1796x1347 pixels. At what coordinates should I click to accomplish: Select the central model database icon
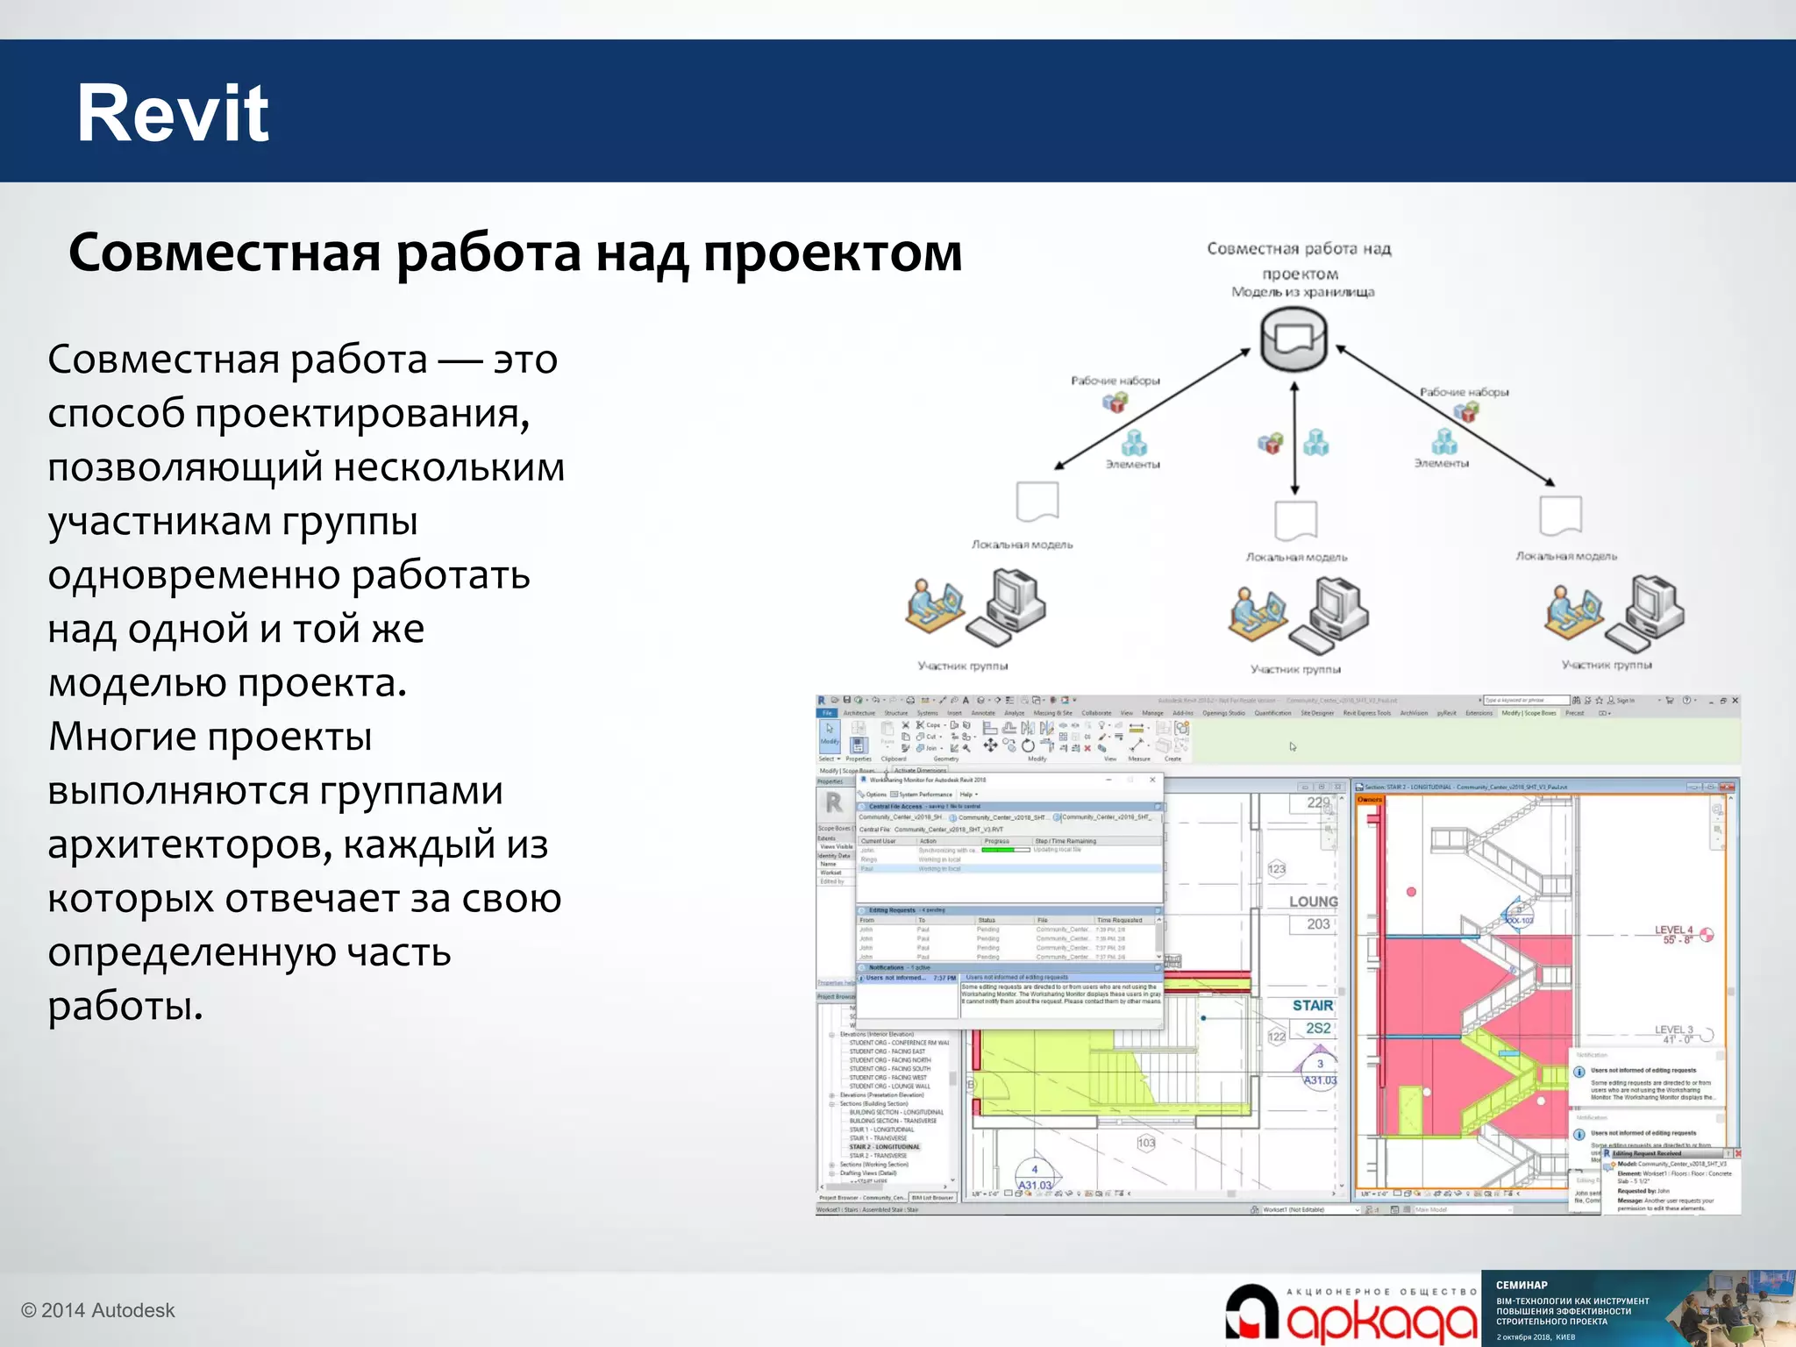pyautogui.click(x=1294, y=339)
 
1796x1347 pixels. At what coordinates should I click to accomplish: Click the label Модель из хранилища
pyautogui.click(x=1302, y=292)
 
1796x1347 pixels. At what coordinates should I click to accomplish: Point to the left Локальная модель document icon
pyautogui.click(x=1037, y=502)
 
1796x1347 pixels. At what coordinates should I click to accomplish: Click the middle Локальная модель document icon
pyautogui.click(x=1295, y=521)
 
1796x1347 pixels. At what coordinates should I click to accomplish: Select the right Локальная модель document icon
pyautogui.click(x=1560, y=516)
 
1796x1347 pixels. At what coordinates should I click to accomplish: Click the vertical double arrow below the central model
pyautogui.click(x=1294, y=438)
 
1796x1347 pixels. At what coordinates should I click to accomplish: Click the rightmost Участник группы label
pyautogui.click(x=1607, y=666)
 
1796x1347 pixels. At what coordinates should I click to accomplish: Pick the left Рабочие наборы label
pyautogui.click(x=1115, y=381)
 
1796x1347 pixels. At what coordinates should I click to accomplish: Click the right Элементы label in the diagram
pyautogui.click(x=1441, y=463)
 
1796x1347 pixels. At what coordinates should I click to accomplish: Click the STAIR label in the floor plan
pyautogui.click(x=1312, y=1006)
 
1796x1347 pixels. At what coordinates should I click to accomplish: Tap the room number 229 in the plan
pyautogui.click(x=1318, y=802)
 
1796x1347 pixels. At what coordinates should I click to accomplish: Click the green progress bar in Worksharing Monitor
pyautogui.click(x=1005, y=850)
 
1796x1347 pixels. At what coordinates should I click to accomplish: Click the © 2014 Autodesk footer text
pyautogui.click(x=98, y=1310)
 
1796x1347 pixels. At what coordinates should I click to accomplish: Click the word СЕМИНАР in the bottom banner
pyautogui.click(x=1522, y=1285)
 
